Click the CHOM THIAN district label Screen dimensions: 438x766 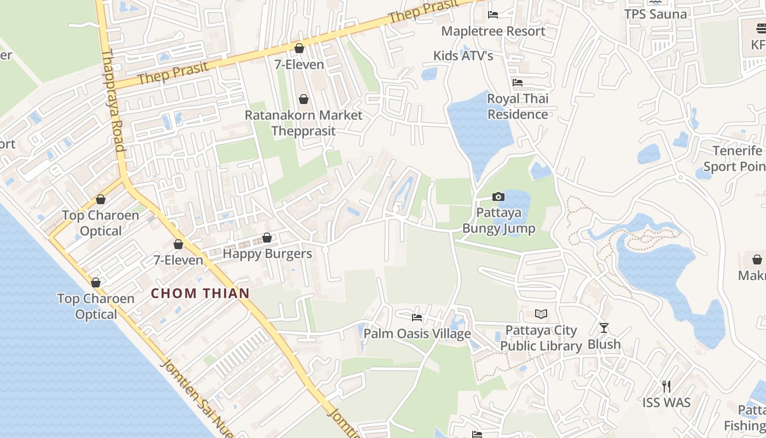click(200, 293)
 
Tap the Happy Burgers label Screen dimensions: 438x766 click(267, 253)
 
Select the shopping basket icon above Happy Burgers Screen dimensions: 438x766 click(267, 238)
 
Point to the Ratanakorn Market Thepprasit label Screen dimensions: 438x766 click(303, 123)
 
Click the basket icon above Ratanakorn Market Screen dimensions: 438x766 click(303, 99)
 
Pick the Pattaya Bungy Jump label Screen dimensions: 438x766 click(498, 220)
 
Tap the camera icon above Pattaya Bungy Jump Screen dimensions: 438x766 click(498, 197)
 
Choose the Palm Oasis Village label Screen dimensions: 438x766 click(417, 333)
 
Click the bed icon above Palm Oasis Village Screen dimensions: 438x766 click(417, 317)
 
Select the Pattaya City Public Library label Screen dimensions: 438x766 click(541, 338)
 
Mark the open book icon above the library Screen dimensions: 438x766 click(541, 314)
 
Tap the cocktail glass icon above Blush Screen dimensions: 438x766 click(604, 328)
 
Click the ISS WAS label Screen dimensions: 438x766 click(666, 402)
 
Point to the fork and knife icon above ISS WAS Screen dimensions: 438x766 click(666, 387)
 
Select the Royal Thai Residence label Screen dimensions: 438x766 click(518, 106)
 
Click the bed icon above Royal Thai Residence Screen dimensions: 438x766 click(518, 83)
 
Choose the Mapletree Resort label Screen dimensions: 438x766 click(493, 31)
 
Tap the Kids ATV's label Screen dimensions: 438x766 click(463, 55)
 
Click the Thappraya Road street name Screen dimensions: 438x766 click(114, 101)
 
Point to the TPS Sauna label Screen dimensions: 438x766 click(655, 14)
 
